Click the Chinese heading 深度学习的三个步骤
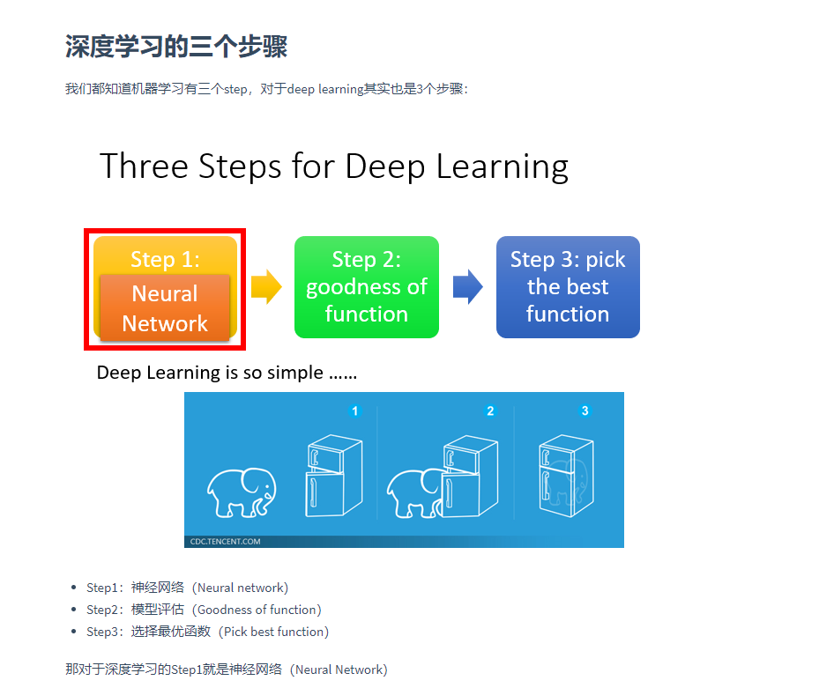[x=176, y=47]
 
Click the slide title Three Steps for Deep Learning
[x=334, y=166]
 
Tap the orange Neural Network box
[x=165, y=308]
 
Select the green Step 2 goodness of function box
[x=366, y=287]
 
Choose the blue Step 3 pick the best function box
[x=568, y=287]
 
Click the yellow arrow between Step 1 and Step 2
[x=265, y=287]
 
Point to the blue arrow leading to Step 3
[x=467, y=287]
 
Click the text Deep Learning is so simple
[x=227, y=373]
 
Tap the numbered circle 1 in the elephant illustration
[x=355, y=411]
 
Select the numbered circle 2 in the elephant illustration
[x=491, y=411]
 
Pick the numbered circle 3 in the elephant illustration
[x=585, y=411]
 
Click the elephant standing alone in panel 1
[x=241, y=492]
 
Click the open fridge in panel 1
[x=332, y=477]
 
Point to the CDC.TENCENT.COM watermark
[x=226, y=542]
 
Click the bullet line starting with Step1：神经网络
[x=187, y=588]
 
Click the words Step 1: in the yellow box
[x=165, y=259]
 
